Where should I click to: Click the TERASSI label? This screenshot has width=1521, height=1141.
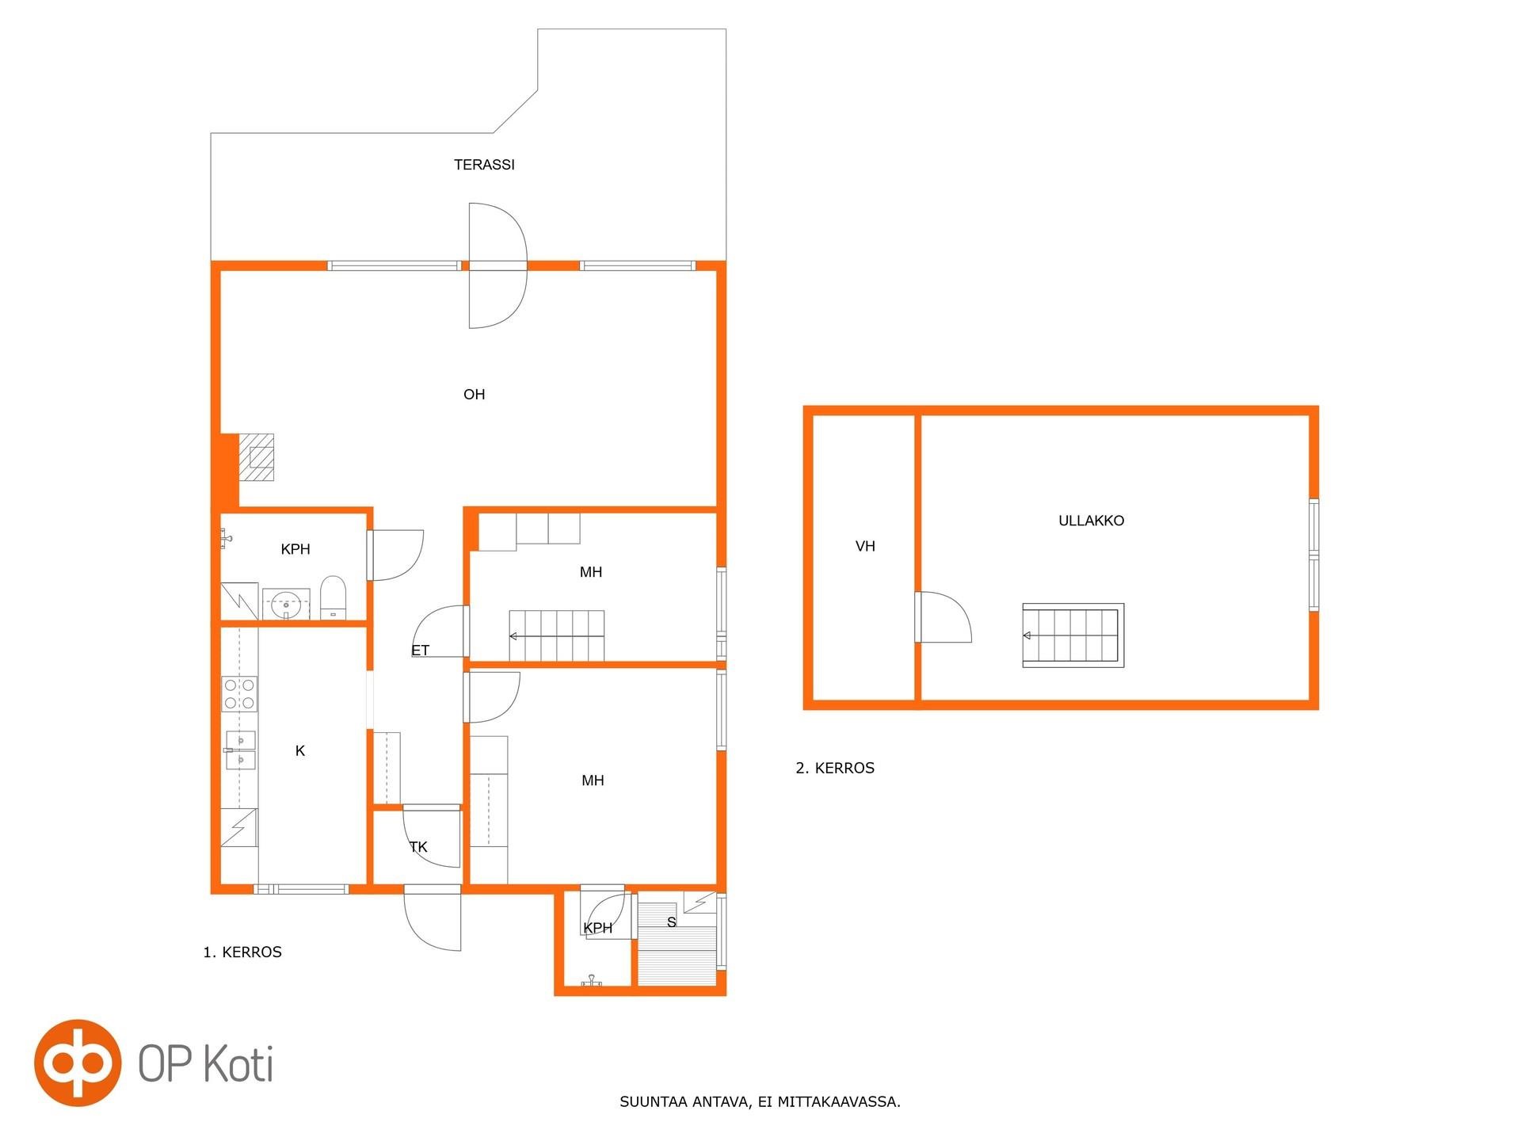pos(484,165)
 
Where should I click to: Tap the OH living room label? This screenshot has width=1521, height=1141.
pos(474,395)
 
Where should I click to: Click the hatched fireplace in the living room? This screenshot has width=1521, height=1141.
pos(257,457)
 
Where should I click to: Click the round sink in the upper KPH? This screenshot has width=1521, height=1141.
pos(285,605)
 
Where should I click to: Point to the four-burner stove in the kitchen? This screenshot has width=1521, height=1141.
pos(239,693)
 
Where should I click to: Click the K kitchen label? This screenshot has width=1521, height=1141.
pos(300,751)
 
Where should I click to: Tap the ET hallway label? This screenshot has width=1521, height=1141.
pos(420,651)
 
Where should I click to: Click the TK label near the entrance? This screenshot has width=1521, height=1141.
pos(418,847)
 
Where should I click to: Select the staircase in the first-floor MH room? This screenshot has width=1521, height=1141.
pos(556,635)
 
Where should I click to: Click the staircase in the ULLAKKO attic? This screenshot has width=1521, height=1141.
pos(1073,635)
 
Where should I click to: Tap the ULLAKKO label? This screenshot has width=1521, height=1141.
pos(1091,521)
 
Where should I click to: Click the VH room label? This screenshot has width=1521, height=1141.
pos(865,546)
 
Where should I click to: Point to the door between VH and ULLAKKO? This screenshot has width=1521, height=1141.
pos(943,617)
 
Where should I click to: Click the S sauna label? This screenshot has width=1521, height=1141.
pos(672,922)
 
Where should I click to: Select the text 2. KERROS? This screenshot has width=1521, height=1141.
pos(835,768)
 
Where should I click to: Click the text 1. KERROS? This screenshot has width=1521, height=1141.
pos(242,952)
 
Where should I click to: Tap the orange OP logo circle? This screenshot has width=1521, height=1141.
pos(78,1063)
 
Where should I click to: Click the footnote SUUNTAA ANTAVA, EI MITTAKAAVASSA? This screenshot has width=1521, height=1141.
pos(760,1101)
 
